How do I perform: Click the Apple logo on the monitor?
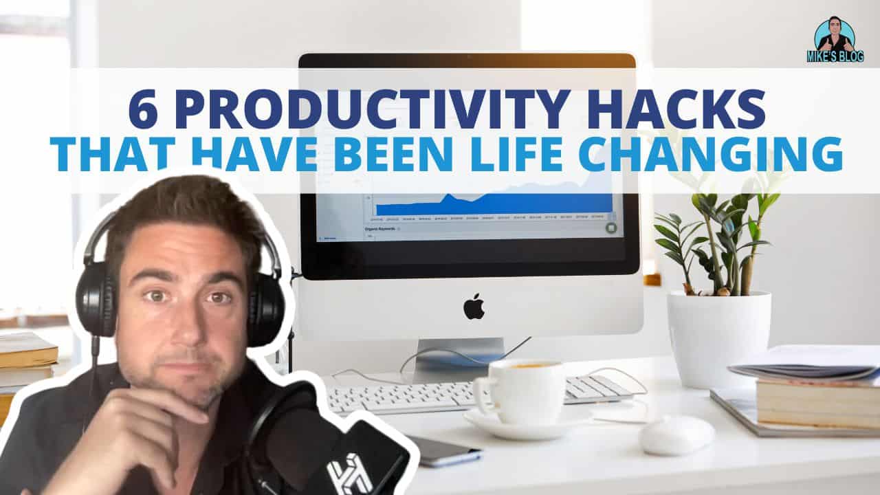[x=473, y=307]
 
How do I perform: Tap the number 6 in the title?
[x=143, y=111]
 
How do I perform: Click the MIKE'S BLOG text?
[x=835, y=57]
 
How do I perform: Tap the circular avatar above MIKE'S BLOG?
[x=834, y=35]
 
